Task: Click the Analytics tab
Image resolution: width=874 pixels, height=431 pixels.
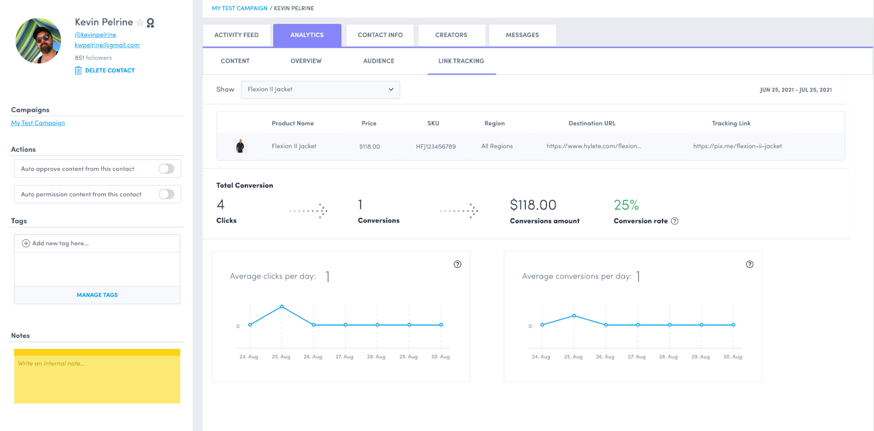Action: click(307, 35)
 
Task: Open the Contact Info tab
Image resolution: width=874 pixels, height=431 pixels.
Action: click(380, 35)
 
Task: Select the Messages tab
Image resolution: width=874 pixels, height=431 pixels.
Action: click(522, 35)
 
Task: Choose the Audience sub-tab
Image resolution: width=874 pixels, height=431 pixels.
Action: click(379, 61)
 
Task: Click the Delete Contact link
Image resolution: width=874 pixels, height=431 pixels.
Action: click(109, 70)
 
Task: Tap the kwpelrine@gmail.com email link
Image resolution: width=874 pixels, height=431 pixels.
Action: click(107, 45)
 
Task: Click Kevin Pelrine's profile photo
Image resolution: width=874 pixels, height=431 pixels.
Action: click(38, 41)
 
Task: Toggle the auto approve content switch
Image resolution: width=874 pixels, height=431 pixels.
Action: click(167, 169)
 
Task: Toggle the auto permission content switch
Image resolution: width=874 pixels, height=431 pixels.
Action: click(167, 194)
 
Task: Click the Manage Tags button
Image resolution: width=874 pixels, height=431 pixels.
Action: click(97, 295)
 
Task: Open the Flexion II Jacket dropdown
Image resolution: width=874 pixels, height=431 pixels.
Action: click(320, 90)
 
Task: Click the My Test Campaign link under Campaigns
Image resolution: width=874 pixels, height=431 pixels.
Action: click(38, 123)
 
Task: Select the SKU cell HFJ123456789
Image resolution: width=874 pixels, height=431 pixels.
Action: click(435, 146)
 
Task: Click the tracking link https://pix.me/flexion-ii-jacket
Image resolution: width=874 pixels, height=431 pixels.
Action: click(737, 146)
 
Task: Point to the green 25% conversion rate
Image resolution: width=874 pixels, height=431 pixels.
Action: click(626, 205)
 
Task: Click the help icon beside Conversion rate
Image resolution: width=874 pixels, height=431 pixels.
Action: click(675, 221)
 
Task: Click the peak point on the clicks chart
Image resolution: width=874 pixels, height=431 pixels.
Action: click(282, 306)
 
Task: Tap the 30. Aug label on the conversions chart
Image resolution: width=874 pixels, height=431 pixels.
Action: click(733, 357)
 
